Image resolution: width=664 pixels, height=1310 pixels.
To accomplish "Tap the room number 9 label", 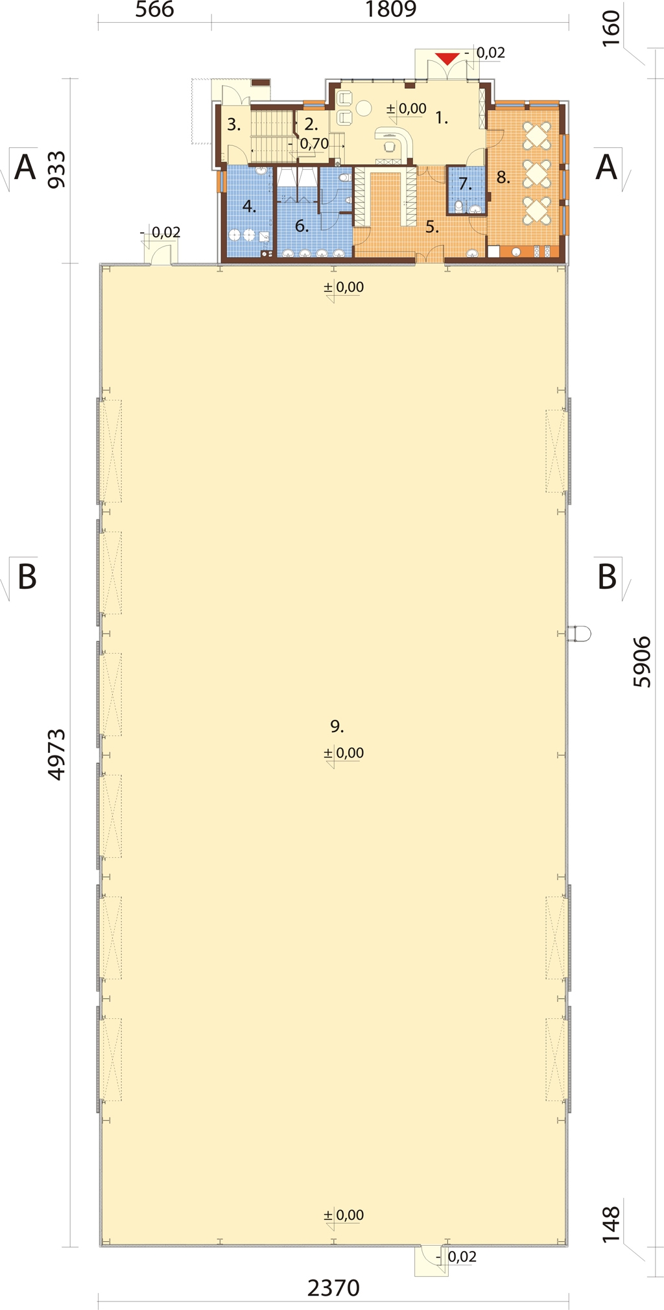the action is (x=337, y=726).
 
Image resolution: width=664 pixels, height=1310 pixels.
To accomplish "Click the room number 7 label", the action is (x=465, y=184).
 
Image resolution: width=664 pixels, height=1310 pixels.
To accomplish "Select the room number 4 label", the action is (x=249, y=207).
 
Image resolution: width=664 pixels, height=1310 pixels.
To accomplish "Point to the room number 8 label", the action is (x=503, y=177).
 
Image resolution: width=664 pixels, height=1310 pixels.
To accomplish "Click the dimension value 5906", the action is (x=641, y=661).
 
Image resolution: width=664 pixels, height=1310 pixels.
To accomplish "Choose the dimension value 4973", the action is (x=56, y=754).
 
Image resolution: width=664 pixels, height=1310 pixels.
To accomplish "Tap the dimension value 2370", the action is (x=333, y=1287).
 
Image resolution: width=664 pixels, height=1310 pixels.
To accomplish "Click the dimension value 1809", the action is (x=390, y=10).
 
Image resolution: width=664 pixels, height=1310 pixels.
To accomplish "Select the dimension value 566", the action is (x=154, y=10).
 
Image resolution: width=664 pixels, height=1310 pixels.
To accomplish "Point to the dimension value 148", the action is (x=611, y=1225).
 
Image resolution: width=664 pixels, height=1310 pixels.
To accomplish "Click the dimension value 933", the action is (x=56, y=169).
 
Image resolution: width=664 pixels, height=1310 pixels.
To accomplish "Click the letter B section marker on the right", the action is (x=607, y=577).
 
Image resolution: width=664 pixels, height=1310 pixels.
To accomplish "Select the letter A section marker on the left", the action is (x=25, y=167).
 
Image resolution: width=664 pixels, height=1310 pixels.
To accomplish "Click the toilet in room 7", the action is (x=459, y=207).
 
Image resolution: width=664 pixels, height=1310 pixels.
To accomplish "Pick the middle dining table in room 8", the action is (x=537, y=173).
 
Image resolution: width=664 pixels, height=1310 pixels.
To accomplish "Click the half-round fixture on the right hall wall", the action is (x=579, y=634).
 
